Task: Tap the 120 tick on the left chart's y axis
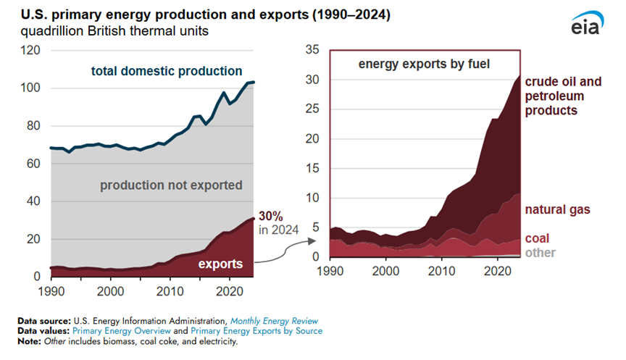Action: tap(30, 51)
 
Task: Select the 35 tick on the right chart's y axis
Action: tap(312, 50)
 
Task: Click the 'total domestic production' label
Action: tap(167, 71)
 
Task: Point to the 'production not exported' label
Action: tap(171, 185)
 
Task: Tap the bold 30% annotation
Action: tap(270, 217)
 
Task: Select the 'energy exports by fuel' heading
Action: tap(425, 64)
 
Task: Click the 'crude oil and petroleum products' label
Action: tap(562, 96)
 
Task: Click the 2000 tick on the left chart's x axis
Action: tap(110, 290)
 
